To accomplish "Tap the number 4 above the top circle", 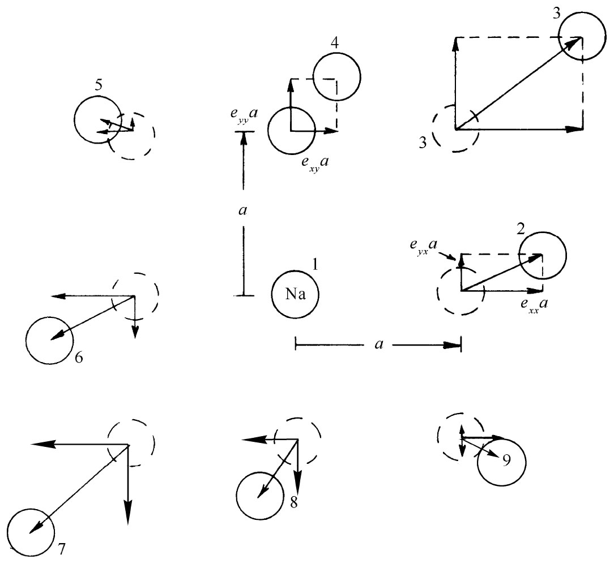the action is coord(334,43).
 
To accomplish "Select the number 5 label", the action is coord(99,85).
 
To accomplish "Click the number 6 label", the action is coord(79,358).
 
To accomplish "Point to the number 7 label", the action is coord(62,549).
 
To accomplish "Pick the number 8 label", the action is coord(293,502).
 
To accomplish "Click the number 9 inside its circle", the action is coord(506,460).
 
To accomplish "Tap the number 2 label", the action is coord(521,229).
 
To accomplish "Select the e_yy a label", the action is coord(244,115).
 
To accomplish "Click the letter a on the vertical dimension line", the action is coord(243,210).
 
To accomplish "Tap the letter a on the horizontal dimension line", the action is coord(379,344).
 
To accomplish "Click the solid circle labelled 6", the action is coord(49,341).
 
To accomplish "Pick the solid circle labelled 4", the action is coord(337,77).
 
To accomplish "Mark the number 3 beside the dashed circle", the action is coord(423,143).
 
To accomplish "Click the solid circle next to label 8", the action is coord(260,496).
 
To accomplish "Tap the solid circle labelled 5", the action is coord(97,120).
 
